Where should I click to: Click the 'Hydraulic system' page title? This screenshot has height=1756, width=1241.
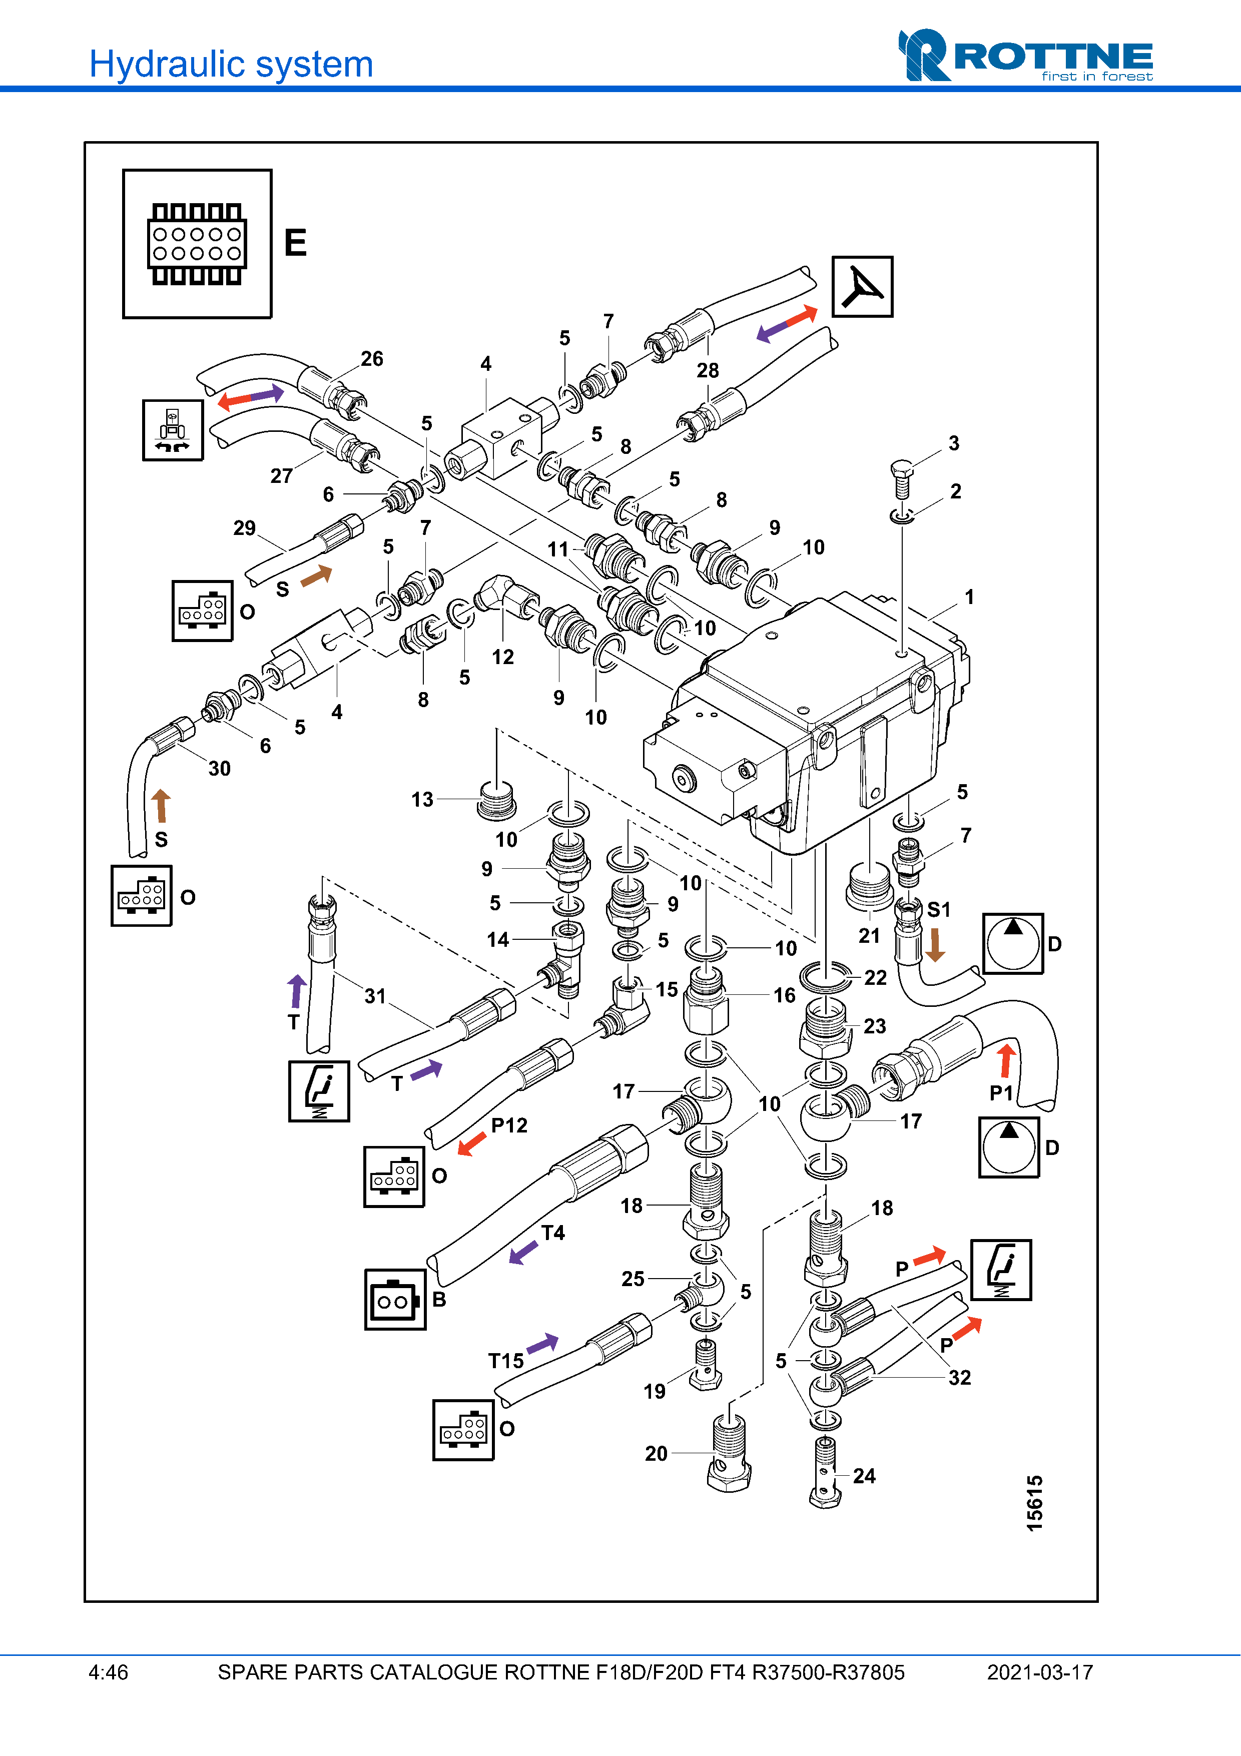[231, 64]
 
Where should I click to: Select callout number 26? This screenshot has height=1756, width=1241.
[372, 359]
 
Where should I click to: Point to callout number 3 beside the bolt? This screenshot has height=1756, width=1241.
[953, 443]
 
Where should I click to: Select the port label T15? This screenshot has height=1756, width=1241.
[506, 1361]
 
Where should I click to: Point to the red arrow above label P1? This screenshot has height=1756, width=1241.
[1007, 1061]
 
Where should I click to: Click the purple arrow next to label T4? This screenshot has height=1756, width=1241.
[524, 1253]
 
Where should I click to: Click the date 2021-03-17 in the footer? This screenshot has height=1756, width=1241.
[1040, 1672]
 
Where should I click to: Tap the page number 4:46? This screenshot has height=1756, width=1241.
[109, 1672]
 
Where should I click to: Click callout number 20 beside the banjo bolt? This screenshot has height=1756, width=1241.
[656, 1453]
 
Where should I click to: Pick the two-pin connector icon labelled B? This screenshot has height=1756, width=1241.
[395, 1300]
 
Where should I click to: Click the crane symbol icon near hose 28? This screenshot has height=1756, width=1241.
[863, 287]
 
